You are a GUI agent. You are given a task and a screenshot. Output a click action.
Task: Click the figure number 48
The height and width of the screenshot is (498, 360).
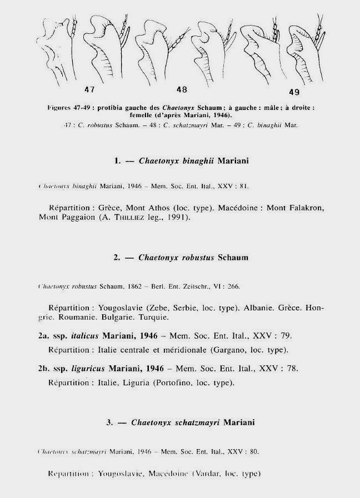[182, 88]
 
